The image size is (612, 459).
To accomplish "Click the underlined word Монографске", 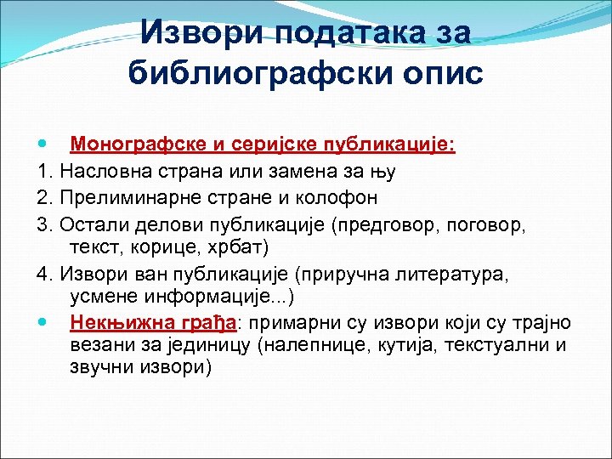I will (138, 145).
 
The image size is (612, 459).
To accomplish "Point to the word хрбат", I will (241, 247).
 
